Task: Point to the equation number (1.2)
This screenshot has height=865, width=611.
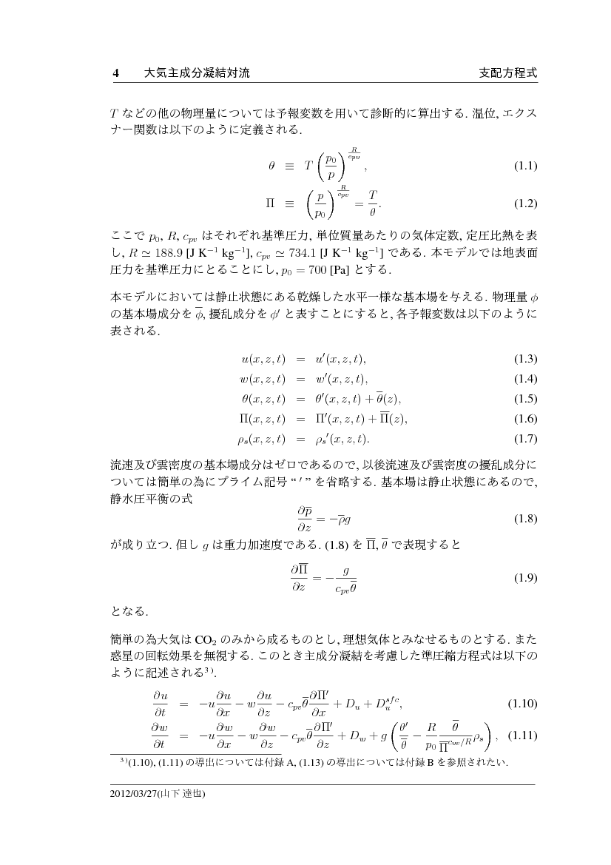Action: (525, 203)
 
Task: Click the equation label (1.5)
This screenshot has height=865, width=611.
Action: (525, 399)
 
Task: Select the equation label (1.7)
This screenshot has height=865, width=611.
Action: (525, 439)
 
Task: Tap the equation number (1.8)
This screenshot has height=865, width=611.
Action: (525, 518)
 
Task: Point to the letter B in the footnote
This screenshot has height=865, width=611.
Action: (428, 762)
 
